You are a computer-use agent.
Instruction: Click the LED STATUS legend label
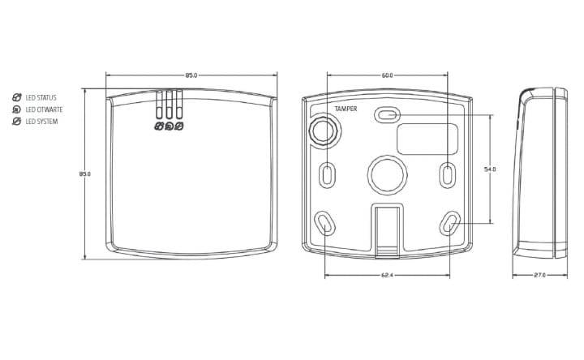(x=41, y=97)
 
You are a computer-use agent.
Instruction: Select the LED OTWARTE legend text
(x=44, y=109)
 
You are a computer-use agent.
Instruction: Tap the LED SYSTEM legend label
(x=41, y=122)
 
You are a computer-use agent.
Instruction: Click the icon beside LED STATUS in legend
(x=17, y=97)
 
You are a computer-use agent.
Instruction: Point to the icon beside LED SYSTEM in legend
(x=17, y=122)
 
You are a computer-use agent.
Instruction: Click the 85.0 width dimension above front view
(x=191, y=75)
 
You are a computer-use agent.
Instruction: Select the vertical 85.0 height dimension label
(x=85, y=174)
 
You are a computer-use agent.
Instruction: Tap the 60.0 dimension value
(x=387, y=75)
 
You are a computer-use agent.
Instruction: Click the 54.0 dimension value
(x=490, y=169)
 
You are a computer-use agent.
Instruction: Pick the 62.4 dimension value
(x=387, y=276)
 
